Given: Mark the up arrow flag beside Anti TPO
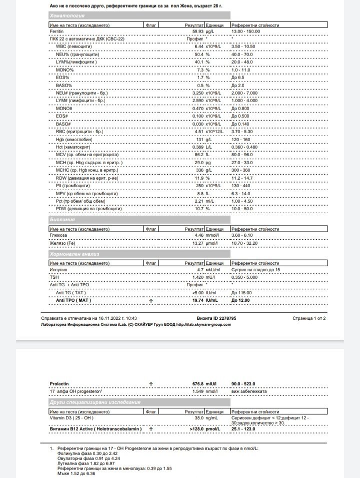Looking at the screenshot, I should pos(151,301).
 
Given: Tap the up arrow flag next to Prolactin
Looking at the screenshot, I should pos(151,384).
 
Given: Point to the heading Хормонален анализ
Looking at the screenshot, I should pos(74,254).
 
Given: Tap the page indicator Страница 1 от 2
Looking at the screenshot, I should pos(309,318).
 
